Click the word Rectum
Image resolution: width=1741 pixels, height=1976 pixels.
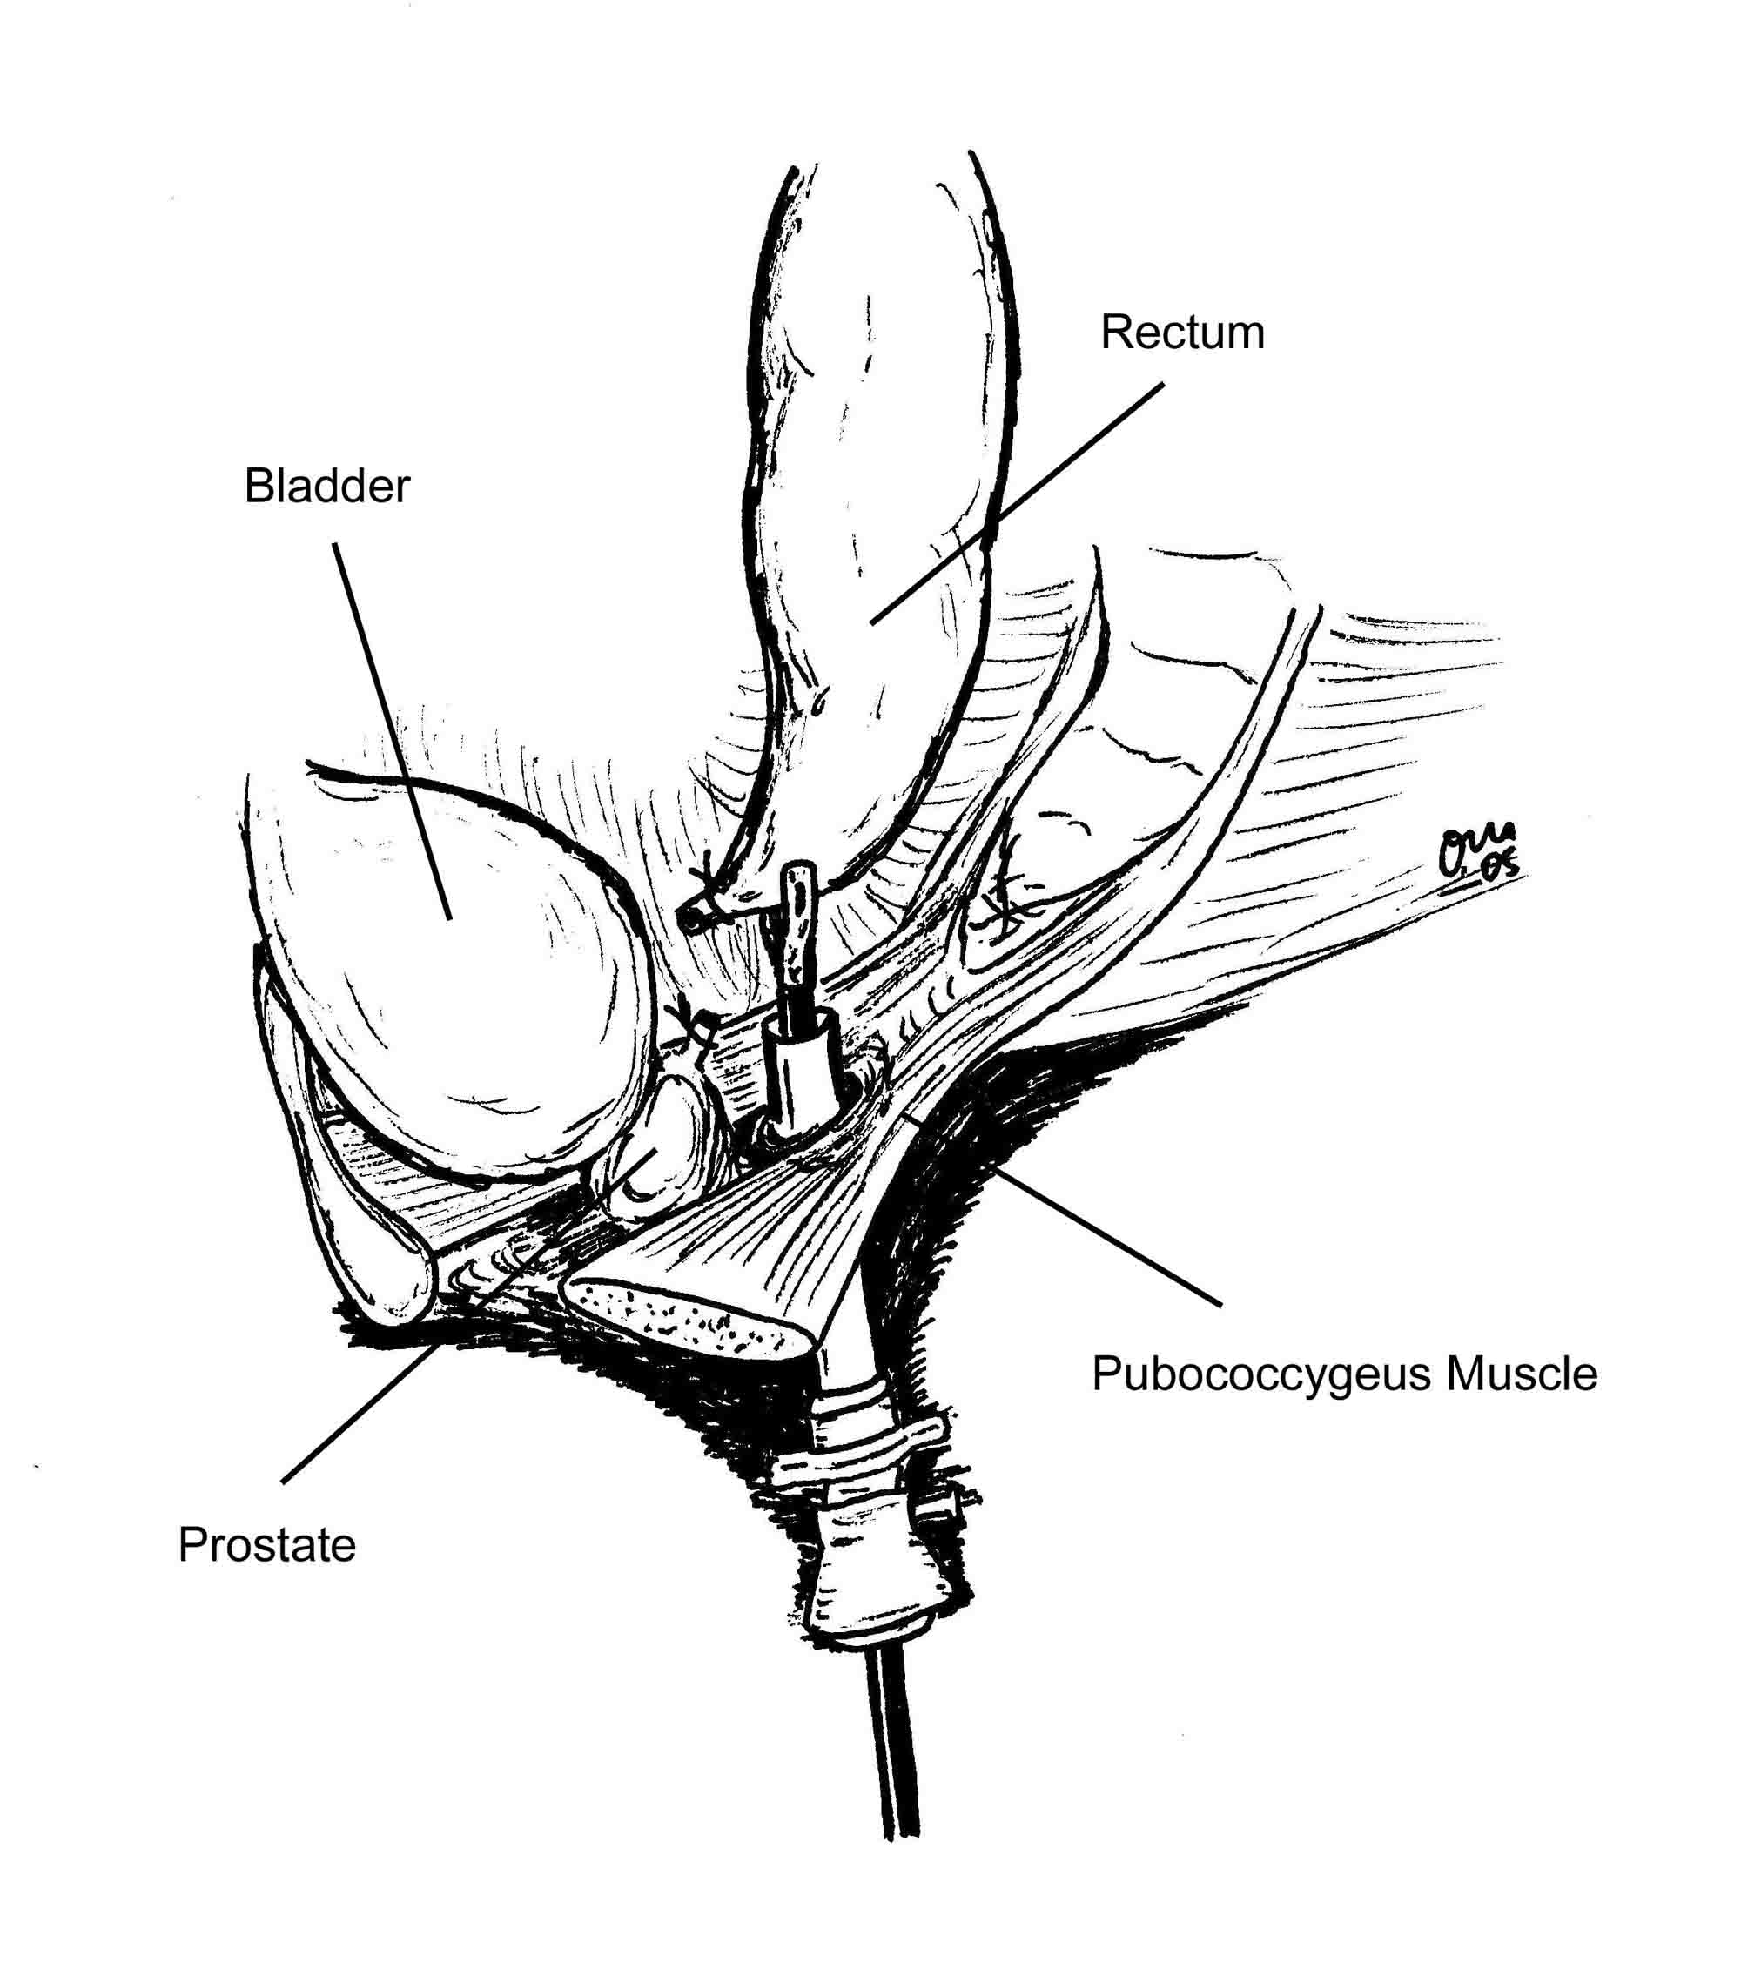coord(1181,333)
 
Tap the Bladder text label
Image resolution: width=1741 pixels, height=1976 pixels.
coord(326,486)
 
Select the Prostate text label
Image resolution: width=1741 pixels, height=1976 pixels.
coord(266,1545)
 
